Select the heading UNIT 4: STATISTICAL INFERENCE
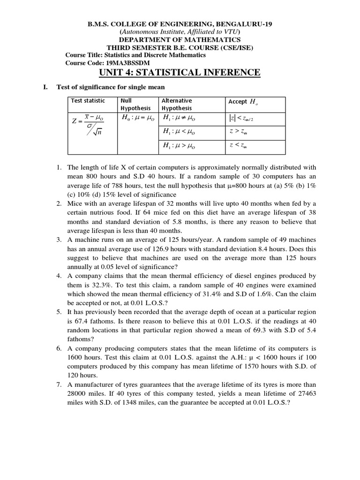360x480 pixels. coord(180,72)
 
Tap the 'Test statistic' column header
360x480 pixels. coord(88,101)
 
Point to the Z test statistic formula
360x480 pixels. coord(88,125)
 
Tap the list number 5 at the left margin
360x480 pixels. coord(59,312)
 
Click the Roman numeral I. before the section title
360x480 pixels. coord(45,87)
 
